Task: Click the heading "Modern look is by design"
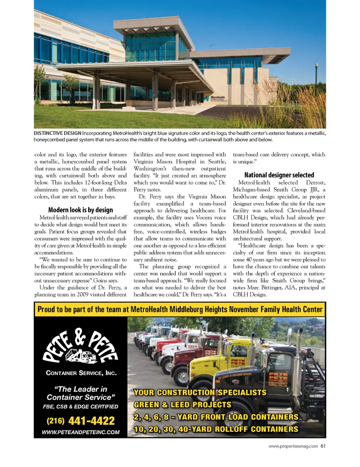[81, 210]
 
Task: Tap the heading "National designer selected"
[279, 175]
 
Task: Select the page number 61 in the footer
[323, 446]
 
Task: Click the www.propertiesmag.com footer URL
[293, 446]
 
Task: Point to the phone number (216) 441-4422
[81, 421]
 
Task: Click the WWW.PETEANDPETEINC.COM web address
[81, 432]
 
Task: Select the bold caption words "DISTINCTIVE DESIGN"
[57, 133]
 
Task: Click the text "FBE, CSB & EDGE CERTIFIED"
[81, 407]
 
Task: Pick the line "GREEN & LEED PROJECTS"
[183, 405]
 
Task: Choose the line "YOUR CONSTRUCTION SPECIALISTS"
[200, 393]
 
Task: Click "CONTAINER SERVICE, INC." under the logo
[81, 373]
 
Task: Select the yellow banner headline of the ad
[180, 309]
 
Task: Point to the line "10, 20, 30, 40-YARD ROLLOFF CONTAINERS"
[216, 429]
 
